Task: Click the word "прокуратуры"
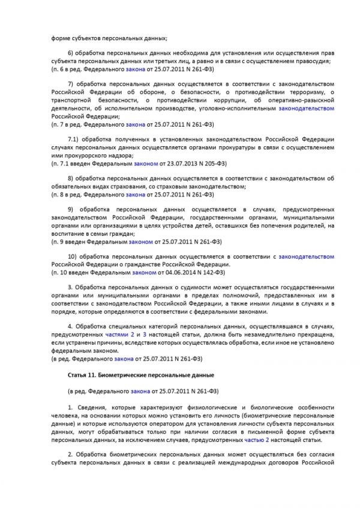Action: [239, 148]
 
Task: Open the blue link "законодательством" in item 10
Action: [306, 256]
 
